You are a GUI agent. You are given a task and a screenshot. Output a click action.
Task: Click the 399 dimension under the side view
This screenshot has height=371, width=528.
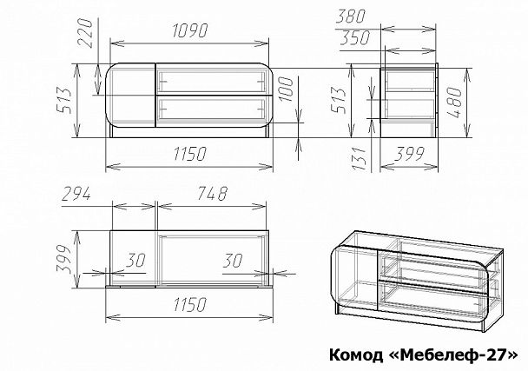point(407,154)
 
